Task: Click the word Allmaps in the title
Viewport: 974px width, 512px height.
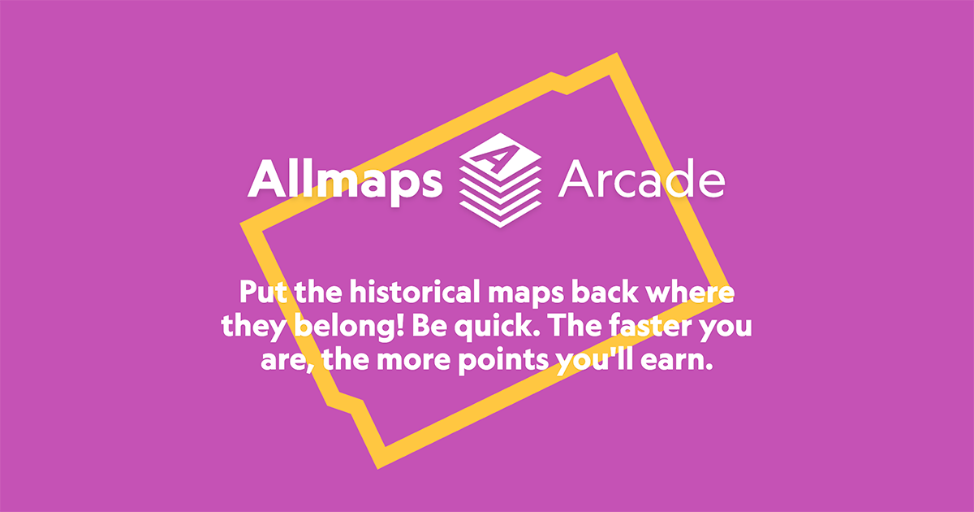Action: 345,180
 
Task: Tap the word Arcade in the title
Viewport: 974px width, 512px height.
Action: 641,180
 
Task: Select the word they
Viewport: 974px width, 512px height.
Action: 254,328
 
